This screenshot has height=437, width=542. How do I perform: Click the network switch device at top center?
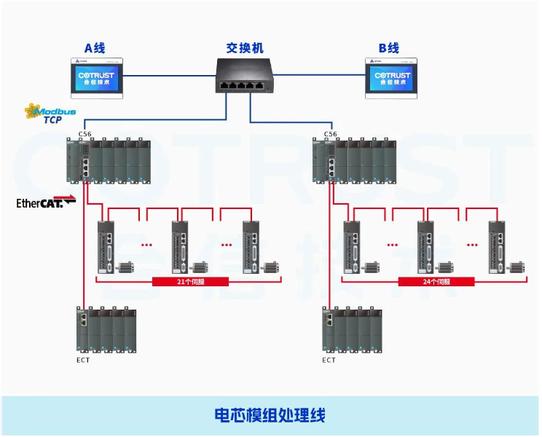(x=244, y=76)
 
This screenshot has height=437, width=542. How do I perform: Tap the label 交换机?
(x=244, y=48)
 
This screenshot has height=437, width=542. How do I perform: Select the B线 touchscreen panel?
(x=392, y=77)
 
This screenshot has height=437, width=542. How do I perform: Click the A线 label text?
(x=95, y=48)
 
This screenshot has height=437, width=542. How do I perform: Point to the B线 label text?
(x=389, y=48)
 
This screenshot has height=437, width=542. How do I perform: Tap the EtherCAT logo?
(x=45, y=203)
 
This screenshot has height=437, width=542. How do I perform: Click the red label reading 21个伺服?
(x=191, y=281)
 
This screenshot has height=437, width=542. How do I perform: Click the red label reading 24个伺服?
(x=436, y=281)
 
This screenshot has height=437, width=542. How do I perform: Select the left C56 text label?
(x=85, y=134)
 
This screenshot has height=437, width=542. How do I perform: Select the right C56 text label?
(x=330, y=134)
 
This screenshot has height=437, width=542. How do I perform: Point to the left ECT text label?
(x=84, y=360)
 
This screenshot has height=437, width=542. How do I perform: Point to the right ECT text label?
(x=329, y=360)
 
